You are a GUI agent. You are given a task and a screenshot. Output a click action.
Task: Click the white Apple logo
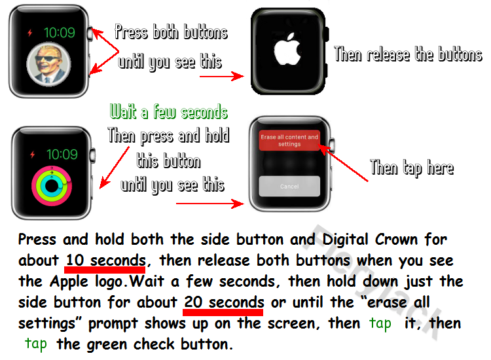point(287,50)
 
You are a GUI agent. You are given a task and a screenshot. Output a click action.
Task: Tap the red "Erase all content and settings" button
point(289,140)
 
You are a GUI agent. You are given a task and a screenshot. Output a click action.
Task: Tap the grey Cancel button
point(289,187)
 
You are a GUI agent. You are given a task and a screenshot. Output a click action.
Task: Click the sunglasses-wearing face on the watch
point(49,65)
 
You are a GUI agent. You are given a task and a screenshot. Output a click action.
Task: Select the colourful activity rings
point(52,186)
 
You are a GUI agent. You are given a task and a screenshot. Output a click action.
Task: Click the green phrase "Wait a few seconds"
point(168,112)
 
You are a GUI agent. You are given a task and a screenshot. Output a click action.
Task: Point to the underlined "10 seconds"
point(106,261)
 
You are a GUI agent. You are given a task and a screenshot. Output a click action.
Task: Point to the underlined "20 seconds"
point(224,302)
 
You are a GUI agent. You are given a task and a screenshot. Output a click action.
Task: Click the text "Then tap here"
point(412,168)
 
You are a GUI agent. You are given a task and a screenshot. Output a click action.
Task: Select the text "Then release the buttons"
point(408,54)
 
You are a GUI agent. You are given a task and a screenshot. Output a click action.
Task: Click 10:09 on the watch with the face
point(59,33)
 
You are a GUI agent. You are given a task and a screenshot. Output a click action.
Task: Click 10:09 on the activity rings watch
point(62,154)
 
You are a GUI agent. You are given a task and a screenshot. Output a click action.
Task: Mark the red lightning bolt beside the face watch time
point(29,33)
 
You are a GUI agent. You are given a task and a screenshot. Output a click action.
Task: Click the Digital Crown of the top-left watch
point(90,34)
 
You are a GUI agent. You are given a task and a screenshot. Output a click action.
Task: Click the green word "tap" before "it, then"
point(380,324)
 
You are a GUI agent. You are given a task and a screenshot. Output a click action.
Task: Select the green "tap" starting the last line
point(36,344)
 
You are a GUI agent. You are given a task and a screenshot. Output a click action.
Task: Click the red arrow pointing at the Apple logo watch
point(222,76)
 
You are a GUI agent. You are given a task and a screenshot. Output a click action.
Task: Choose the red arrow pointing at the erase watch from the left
point(210,204)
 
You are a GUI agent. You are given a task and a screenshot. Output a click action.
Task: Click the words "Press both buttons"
point(171,32)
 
